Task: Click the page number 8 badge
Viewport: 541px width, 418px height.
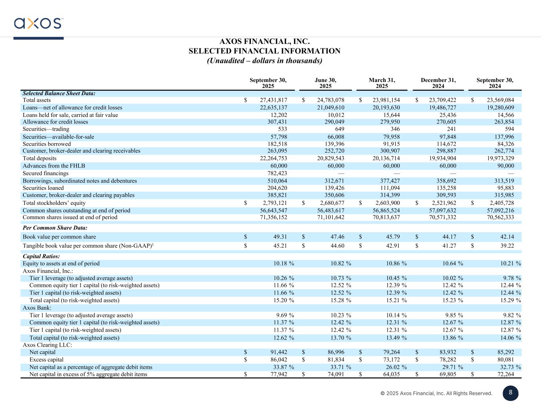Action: click(x=510, y=393)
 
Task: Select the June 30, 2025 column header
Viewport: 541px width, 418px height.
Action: click(x=325, y=83)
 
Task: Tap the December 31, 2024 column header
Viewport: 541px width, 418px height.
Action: click(x=438, y=83)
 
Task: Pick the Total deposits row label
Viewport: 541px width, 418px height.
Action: click(x=40, y=158)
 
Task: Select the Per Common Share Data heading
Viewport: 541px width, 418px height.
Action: click(x=55, y=228)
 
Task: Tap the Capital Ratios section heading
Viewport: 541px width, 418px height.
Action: click(x=41, y=256)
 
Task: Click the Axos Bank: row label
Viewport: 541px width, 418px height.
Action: click(x=37, y=308)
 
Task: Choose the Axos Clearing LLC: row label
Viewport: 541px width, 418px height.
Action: click(x=47, y=345)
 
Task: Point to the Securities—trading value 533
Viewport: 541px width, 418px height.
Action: click(x=282, y=129)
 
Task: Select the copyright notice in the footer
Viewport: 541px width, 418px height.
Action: click(x=436, y=393)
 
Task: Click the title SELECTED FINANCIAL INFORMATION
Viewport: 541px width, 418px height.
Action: click(x=264, y=51)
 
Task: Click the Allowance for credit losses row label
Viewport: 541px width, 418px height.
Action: click(x=55, y=122)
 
